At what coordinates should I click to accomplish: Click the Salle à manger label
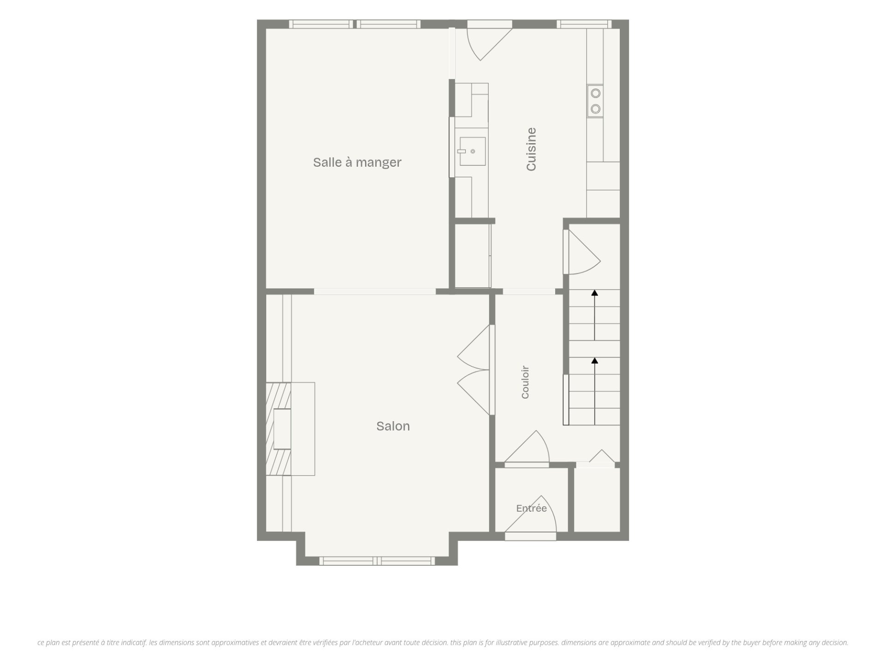coord(357,163)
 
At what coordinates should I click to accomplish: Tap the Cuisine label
coord(531,149)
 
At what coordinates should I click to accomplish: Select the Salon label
coord(393,426)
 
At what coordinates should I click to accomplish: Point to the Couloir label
coord(525,382)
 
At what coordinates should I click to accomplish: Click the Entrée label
coord(532,508)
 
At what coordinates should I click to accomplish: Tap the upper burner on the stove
coord(596,93)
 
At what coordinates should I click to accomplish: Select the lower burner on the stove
coord(596,109)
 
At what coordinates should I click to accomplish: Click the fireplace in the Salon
coord(290,429)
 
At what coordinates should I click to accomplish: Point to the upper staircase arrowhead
coord(595,292)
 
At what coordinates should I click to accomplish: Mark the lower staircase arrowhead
coord(595,360)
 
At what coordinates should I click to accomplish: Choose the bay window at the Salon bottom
coord(377,561)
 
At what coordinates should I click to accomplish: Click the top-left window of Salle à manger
coord(321,24)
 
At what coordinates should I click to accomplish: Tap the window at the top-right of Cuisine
coord(584,24)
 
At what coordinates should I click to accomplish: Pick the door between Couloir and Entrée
coord(527,447)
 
